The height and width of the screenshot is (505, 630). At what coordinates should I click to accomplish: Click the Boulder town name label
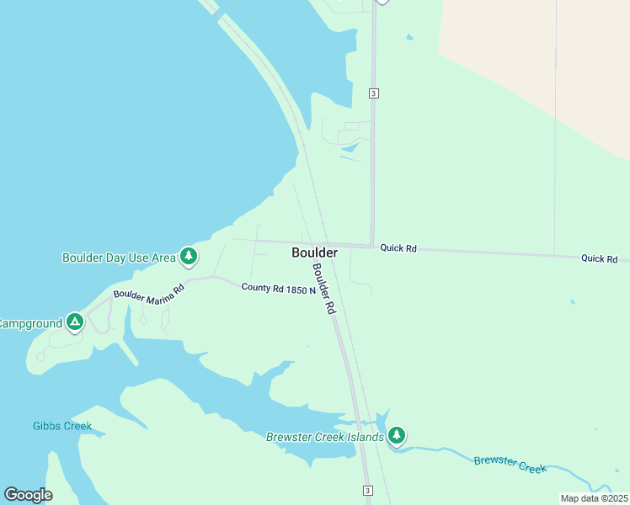click(x=314, y=252)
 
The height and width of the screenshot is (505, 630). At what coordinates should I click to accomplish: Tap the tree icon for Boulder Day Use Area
click(x=190, y=256)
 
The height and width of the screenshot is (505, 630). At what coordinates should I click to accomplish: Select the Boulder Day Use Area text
click(x=119, y=258)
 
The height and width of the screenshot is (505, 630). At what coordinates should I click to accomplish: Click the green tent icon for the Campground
click(x=75, y=322)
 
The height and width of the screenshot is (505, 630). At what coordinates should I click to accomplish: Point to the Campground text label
click(x=30, y=323)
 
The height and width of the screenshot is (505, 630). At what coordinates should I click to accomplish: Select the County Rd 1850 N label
click(x=278, y=289)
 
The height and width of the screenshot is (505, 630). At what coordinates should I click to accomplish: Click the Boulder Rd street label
click(x=324, y=290)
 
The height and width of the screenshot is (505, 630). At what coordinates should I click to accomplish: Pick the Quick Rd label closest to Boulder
click(x=398, y=248)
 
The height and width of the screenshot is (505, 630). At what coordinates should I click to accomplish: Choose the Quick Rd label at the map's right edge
click(x=599, y=258)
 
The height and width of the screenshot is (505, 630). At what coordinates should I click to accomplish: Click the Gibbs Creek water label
click(x=62, y=426)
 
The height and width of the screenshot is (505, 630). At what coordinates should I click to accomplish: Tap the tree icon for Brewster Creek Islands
click(x=397, y=436)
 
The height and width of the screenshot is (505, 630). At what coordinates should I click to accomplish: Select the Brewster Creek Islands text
click(x=325, y=437)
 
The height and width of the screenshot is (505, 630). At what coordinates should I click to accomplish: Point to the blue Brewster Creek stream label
click(x=510, y=464)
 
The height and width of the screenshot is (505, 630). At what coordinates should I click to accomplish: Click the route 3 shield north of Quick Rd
click(x=373, y=93)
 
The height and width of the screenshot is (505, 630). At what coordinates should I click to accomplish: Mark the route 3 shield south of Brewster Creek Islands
click(x=367, y=491)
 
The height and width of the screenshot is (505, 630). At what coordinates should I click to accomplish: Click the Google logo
click(x=29, y=495)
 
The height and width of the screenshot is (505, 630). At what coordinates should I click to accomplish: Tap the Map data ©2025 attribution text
click(x=594, y=498)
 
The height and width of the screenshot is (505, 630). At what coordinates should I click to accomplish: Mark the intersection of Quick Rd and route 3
click(x=372, y=246)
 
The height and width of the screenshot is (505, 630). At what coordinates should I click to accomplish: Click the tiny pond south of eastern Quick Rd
click(x=572, y=302)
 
